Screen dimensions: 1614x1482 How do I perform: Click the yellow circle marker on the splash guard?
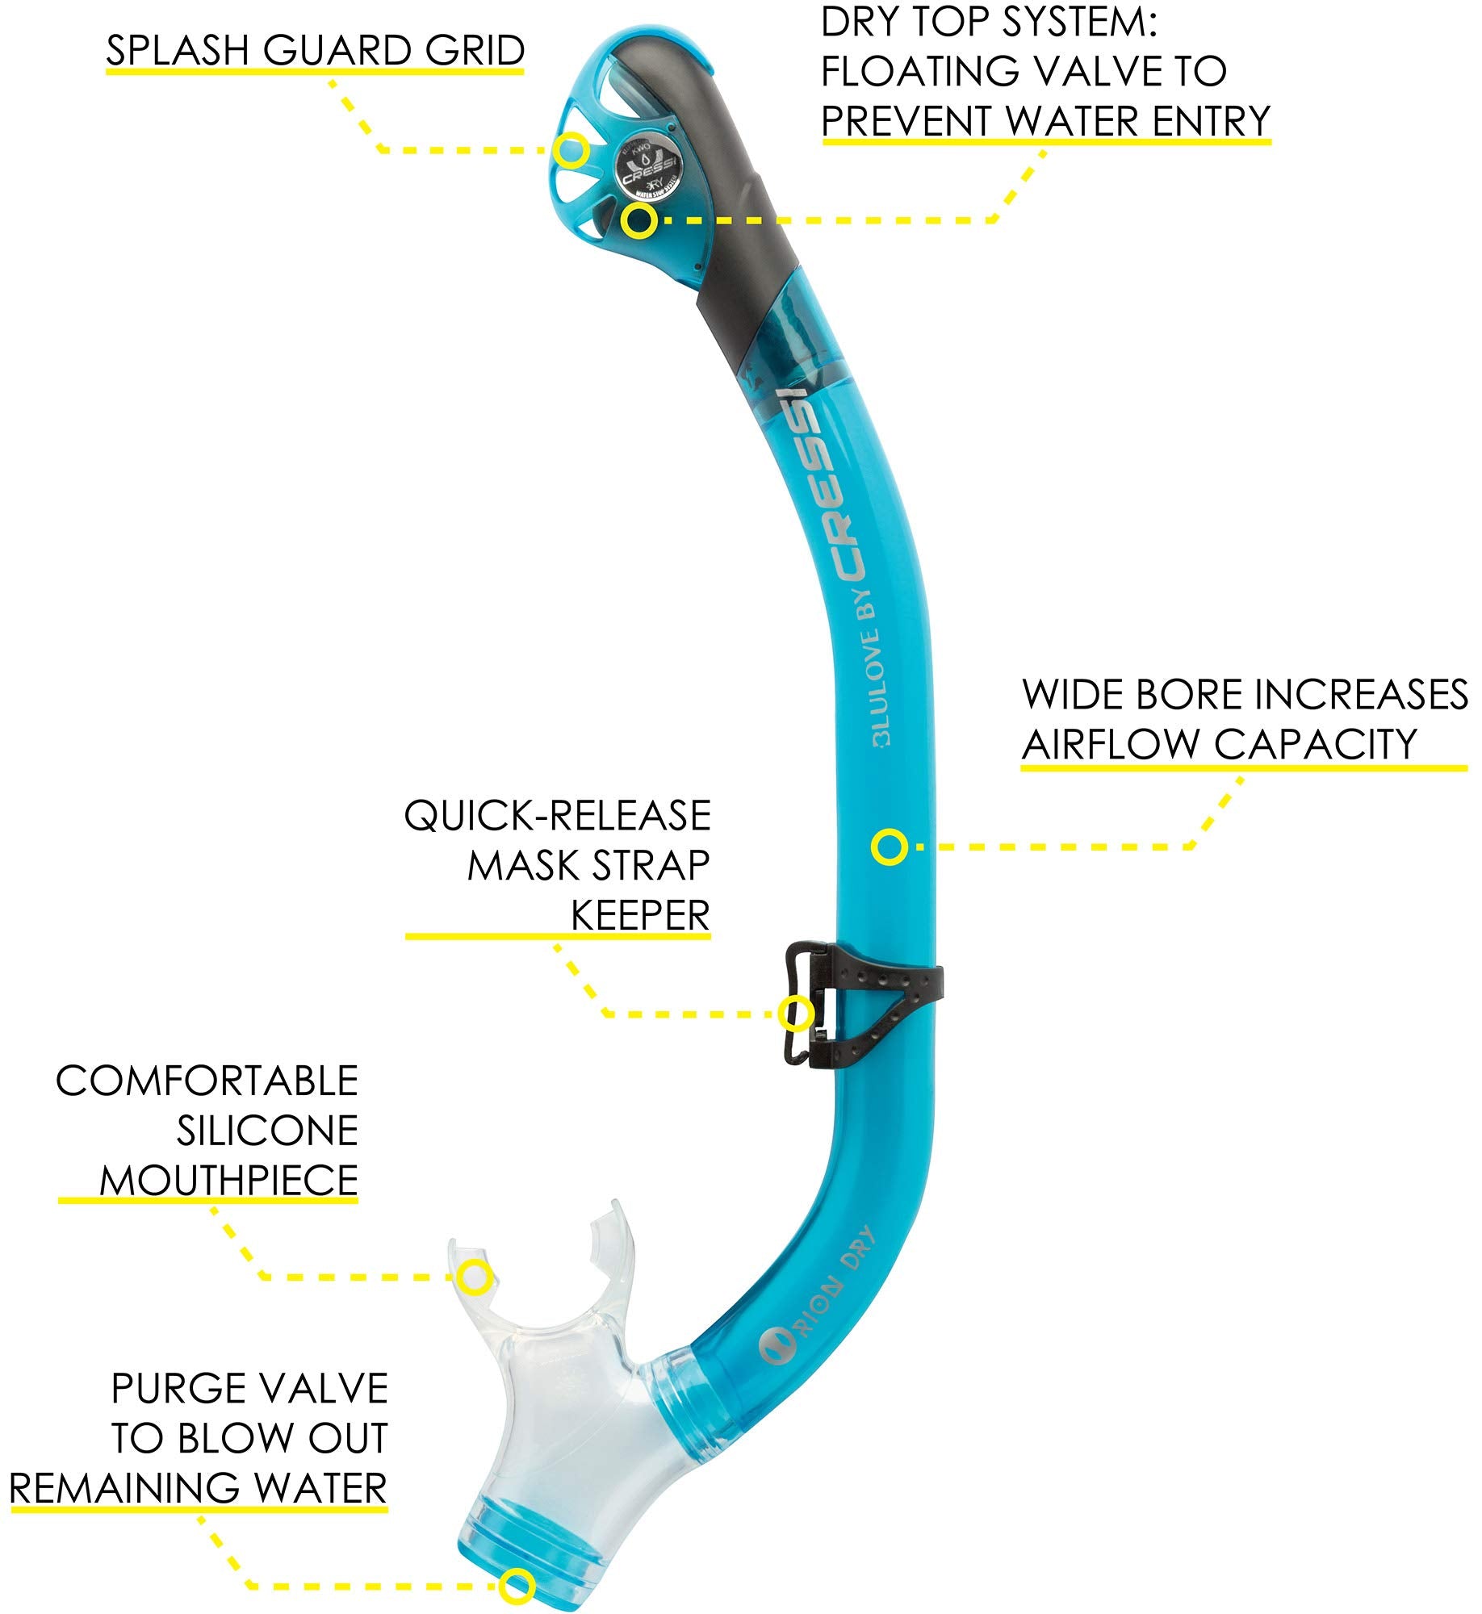point(571,151)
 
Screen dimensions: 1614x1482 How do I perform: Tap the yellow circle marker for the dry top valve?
point(638,220)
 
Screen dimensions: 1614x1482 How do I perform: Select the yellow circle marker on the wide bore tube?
point(889,847)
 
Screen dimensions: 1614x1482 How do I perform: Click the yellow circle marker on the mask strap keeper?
point(796,1013)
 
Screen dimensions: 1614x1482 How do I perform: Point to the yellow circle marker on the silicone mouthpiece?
point(475,1277)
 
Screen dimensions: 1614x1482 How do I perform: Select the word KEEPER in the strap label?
point(640,916)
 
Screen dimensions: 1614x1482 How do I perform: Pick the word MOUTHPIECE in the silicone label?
point(228,1181)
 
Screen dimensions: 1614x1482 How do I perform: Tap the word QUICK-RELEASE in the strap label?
point(557,816)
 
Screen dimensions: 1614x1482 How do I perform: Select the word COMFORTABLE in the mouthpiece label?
point(207,1081)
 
